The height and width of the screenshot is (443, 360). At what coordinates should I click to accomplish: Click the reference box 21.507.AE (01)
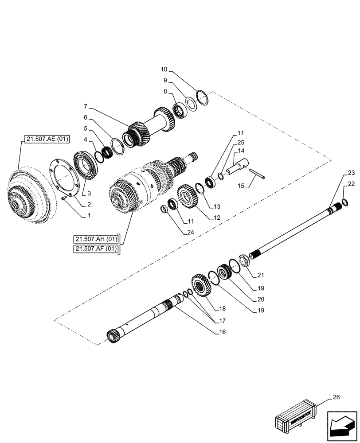click(45, 139)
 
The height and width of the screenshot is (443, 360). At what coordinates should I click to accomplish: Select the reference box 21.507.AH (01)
click(96, 240)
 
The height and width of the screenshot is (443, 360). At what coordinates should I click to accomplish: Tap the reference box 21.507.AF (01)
click(96, 249)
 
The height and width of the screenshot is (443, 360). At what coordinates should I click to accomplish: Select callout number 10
click(164, 70)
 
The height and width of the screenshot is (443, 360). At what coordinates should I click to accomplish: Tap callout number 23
click(351, 173)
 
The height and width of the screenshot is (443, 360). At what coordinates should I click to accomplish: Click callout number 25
click(241, 143)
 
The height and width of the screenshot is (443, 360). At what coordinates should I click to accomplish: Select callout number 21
click(260, 275)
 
